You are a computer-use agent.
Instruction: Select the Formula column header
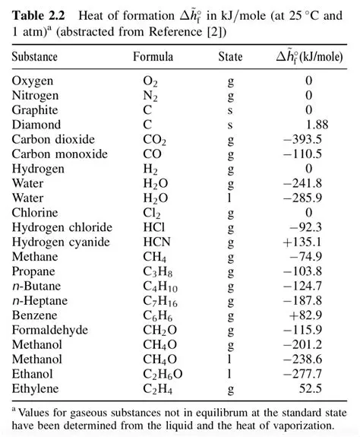[153, 57]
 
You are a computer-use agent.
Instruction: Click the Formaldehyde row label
[50, 330]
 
